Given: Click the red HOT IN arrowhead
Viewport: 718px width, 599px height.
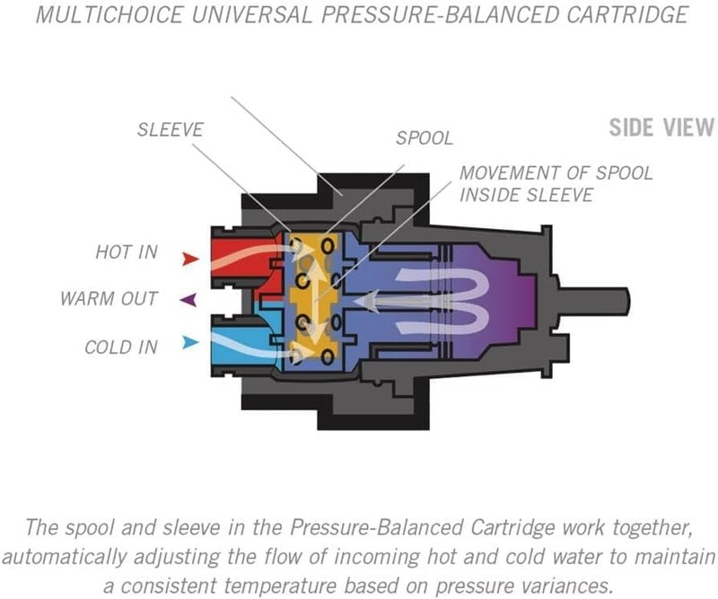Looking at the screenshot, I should pyautogui.click(x=189, y=260).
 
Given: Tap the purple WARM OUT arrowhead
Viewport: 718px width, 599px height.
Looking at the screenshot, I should pyautogui.click(x=188, y=300).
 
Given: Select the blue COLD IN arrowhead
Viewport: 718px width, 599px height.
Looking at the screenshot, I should pyautogui.click(x=189, y=342).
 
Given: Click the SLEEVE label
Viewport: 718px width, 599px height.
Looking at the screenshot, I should pyautogui.click(x=171, y=130).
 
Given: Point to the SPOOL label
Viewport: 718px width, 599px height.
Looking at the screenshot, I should pyautogui.click(x=425, y=139).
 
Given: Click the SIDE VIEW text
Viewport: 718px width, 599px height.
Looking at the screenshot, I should pyautogui.click(x=661, y=127).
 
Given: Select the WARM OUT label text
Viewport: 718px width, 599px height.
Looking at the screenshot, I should pyautogui.click(x=109, y=298).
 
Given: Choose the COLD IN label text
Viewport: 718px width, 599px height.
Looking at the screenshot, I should pyautogui.click(x=122, y=347).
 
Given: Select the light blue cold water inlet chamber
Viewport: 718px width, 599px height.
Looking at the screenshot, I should pyautogui.click(x=235, y=345).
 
